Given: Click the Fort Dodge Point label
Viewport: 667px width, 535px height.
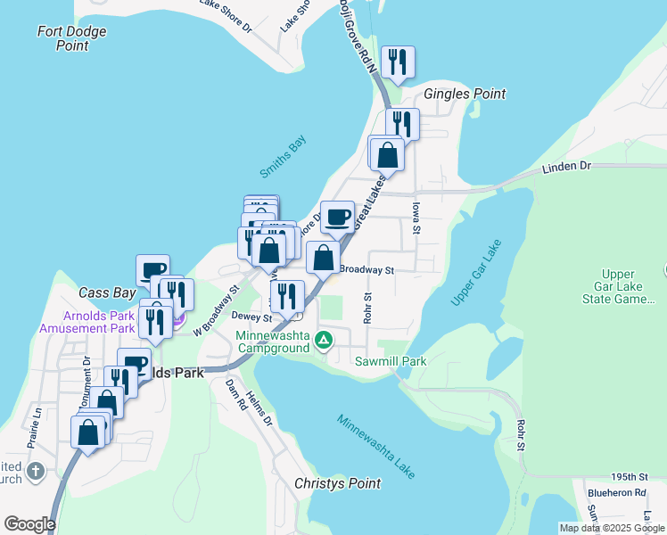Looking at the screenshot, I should [x=72, y=38].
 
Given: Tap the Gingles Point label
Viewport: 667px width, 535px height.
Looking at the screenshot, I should [x=465, y=94].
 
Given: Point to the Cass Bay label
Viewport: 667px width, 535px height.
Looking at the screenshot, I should [x=107, y=292].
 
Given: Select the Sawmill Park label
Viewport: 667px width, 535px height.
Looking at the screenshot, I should [x=391, y=361].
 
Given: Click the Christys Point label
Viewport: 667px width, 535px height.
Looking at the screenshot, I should [x=337, y=483].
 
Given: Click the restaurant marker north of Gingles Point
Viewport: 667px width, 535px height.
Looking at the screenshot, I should [x=399, y=62].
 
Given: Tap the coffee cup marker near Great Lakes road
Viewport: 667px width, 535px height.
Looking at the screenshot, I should [x=337, y=217].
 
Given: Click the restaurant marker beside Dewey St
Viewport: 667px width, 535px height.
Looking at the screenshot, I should [x=287, y=296].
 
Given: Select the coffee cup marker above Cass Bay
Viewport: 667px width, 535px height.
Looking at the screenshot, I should [x=152, y=269].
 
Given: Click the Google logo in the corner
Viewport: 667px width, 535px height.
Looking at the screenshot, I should [x=29, y=524].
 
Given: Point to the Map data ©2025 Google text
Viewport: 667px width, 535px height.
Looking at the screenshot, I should [x=611, y=528].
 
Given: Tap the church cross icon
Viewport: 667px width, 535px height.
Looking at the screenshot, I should [x=35, y=471].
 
